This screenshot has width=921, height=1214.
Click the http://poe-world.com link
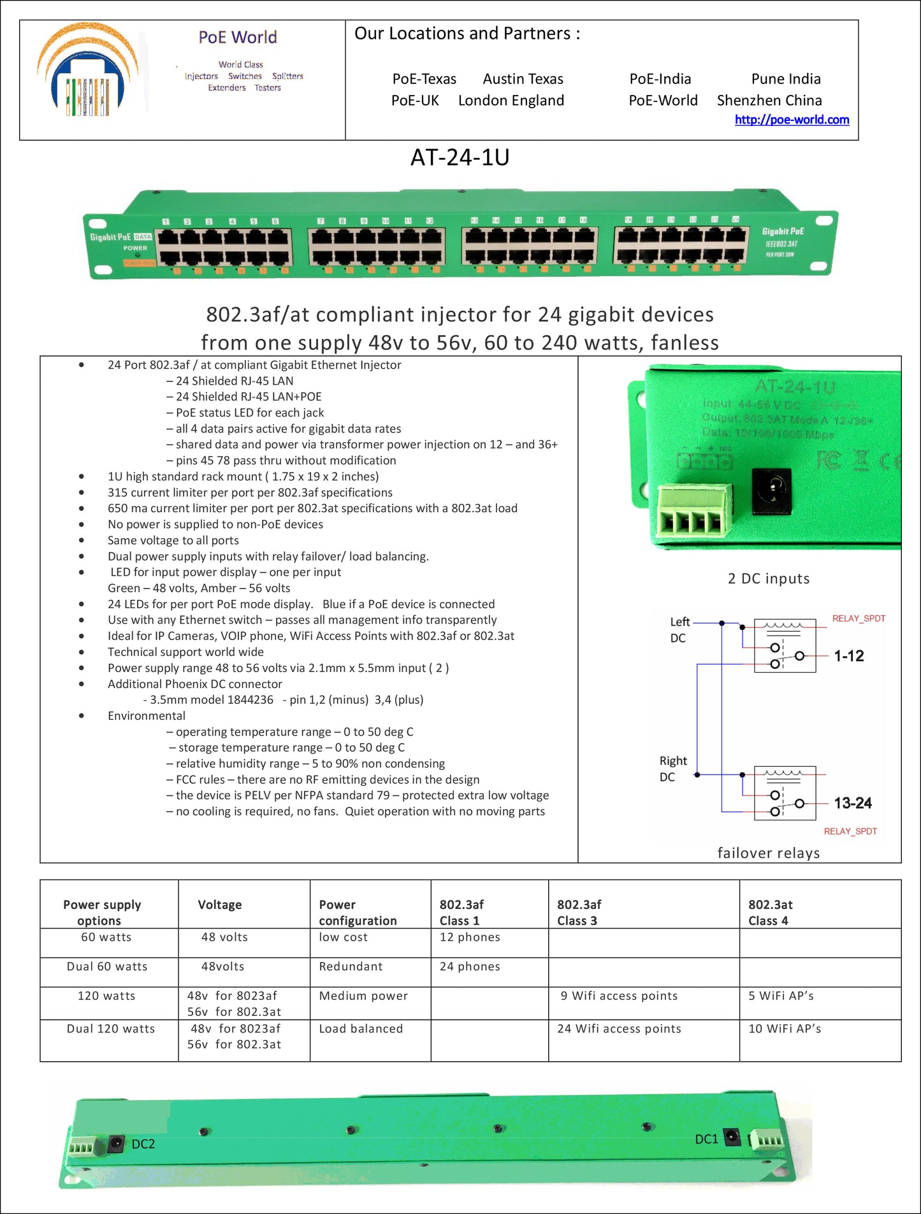pos(792,120)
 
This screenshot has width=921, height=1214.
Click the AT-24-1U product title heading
pos(460,157)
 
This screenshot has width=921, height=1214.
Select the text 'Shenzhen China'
pos(769,101)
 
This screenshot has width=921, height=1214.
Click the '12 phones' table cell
pos(470,937)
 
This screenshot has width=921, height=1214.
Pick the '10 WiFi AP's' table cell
pos(785,1029)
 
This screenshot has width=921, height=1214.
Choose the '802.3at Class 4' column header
pos(770,912)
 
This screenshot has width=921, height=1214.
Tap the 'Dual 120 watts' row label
pos(111,1029)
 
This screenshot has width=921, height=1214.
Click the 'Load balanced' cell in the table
pos(361,1029)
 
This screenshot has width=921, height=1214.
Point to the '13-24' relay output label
pos(852,803)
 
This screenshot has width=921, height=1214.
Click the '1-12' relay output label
pos(849,656)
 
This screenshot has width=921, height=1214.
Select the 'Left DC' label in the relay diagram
pos(679,630)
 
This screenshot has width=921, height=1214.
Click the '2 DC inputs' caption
pos(769,578)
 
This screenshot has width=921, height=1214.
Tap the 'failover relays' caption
pos(769,853)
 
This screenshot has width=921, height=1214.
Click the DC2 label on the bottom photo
pos(143,1144)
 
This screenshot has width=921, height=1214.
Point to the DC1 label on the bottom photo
pos(706,1139)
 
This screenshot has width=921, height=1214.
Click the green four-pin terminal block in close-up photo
pos(694,510)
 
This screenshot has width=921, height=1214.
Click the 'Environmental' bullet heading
pos(147,716)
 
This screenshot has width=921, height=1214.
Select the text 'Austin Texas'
pos(523,79)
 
